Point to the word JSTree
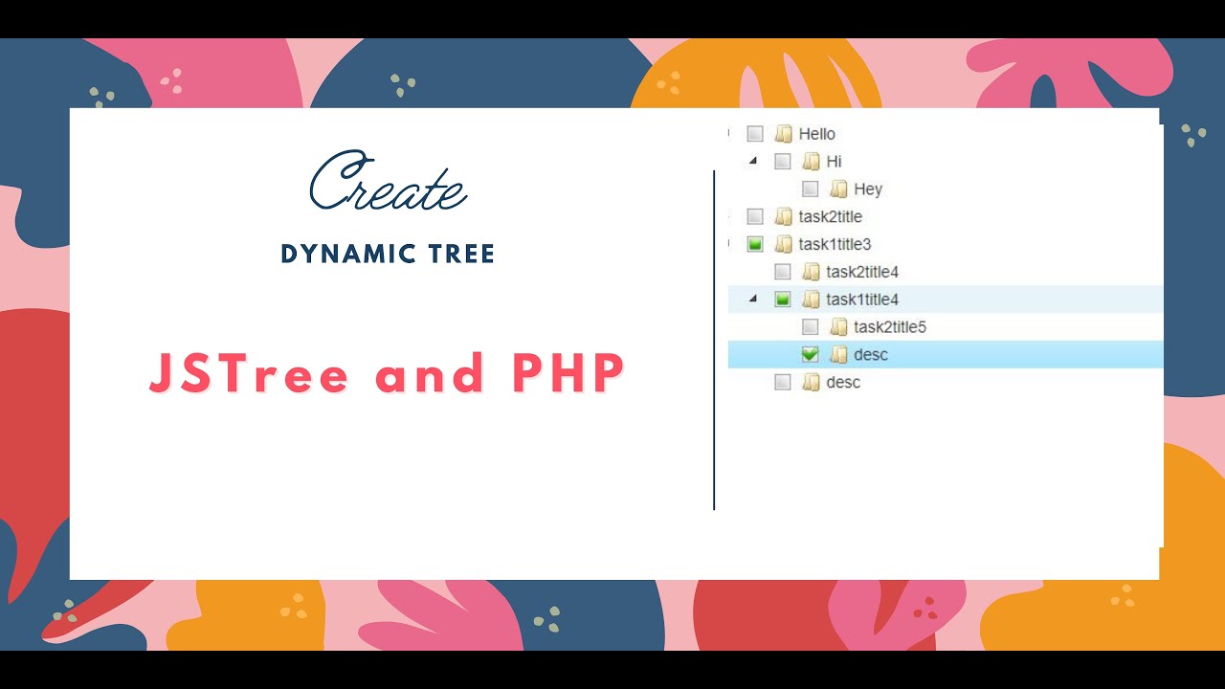250,373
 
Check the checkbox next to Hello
755,134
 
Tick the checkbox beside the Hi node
783,162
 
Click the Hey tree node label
868,189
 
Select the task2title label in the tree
831,217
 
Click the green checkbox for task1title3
755,245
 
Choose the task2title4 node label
862,273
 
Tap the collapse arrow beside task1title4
753,299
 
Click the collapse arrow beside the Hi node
753,161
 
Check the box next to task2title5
811,327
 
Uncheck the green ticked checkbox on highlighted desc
811,355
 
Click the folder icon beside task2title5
838,327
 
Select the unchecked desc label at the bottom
843,383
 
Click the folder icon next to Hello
783,134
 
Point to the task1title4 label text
862,300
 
